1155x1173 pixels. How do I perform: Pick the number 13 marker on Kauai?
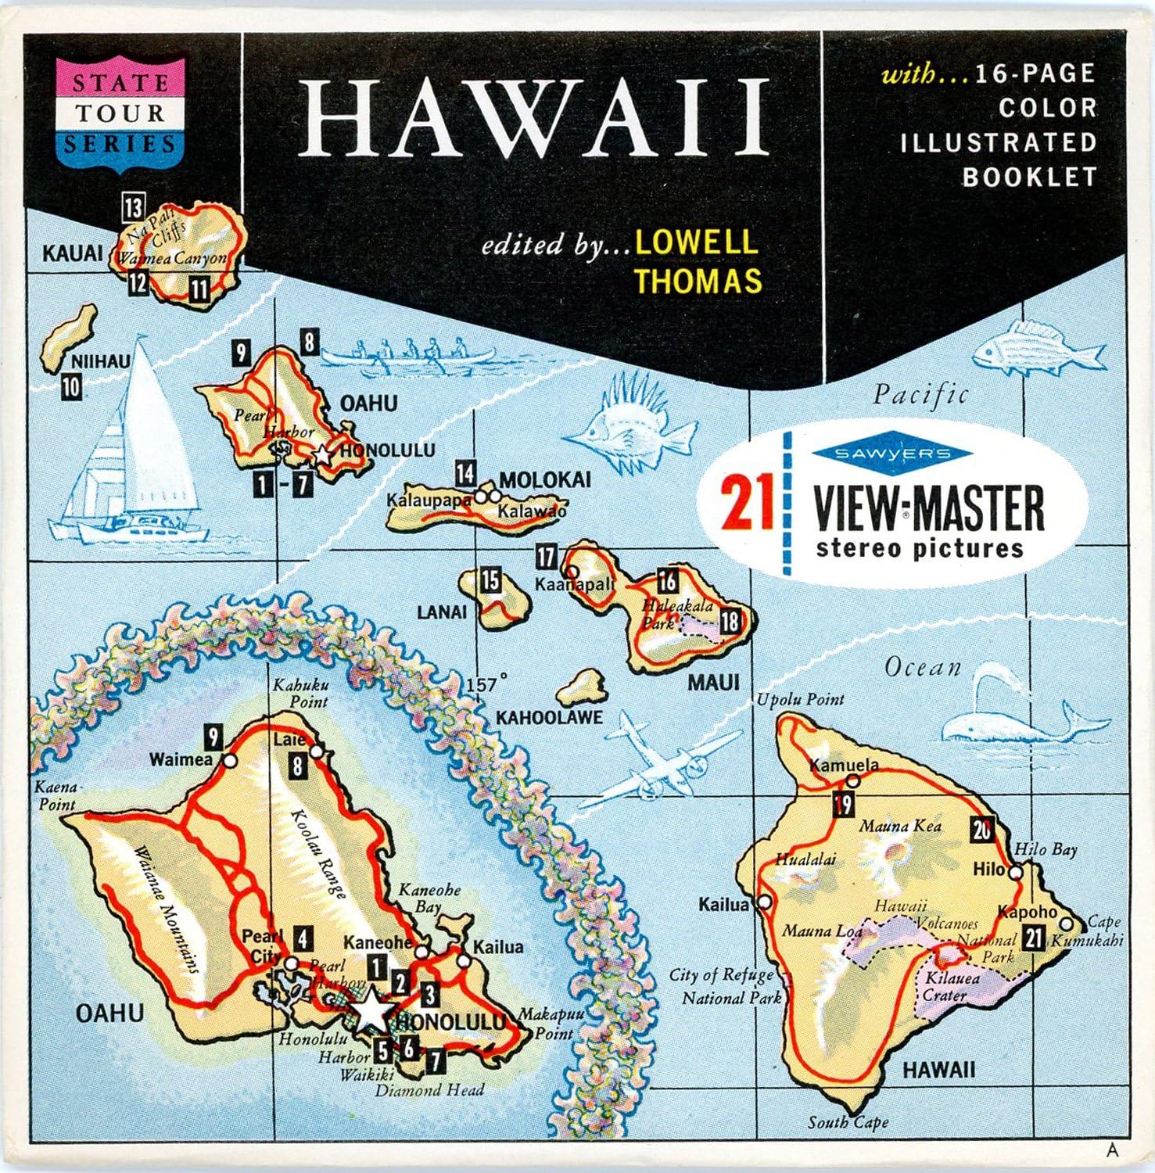[x=133, y=208]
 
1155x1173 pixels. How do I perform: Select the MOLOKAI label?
[x=544, y=479]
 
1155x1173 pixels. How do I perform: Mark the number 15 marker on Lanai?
[x=490, y=580]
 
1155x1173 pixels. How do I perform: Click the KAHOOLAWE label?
[x=549, y=717]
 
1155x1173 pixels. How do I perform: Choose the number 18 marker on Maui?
[x=730, y=622]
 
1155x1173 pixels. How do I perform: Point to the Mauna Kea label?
[x=900, y=826]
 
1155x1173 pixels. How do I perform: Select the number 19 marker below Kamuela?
[x=843, y=803]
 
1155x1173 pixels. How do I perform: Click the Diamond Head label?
[x=429, y=1089]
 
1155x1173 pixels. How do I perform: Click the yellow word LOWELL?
[x=696, y=241]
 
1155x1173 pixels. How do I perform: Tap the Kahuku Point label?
[x=300, y=693]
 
